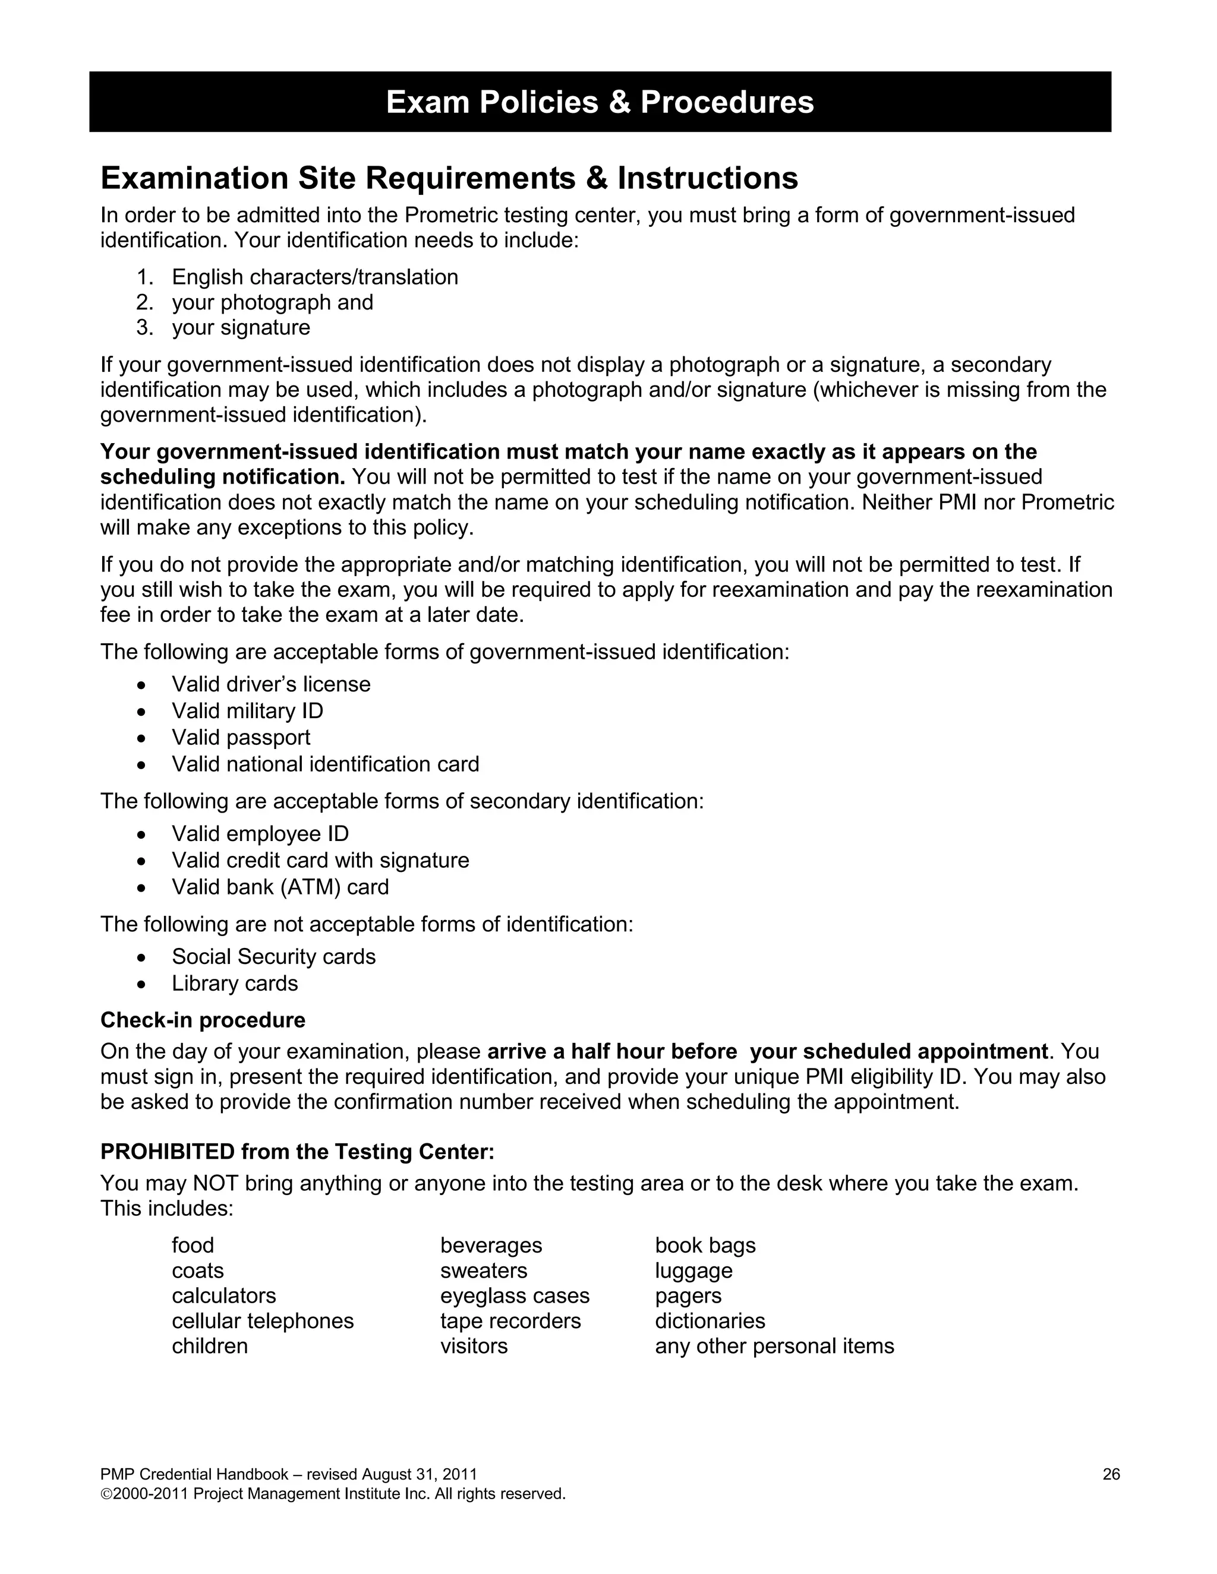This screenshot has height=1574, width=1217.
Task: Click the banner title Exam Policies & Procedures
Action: tap(600, 102)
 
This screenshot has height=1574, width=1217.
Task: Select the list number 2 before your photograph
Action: tap(144, 303)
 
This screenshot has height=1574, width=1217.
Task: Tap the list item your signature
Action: tap(241, 328)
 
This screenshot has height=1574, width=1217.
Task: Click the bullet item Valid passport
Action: tap(241, 738)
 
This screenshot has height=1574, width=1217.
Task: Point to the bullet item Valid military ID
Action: tap(247, 712)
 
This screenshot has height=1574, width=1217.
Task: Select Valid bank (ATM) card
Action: tap(280, 887)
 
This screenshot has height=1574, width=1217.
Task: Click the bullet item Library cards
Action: tap(234, 984)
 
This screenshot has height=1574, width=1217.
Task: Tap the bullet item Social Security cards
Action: tap(273, 957)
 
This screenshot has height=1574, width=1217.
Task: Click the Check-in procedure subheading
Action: tap(203, 1020)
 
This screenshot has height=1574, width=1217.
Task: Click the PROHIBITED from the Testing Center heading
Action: tap(297, 1152)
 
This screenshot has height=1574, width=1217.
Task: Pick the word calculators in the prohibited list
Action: tap(223, 1296)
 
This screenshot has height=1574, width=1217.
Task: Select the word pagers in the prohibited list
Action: tap(688, 1296)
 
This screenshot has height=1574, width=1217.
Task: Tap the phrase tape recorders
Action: tap(510, 1321)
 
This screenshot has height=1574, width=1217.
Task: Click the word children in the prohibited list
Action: tap(209, 1347)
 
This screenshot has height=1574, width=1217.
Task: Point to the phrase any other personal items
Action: tap(774, 1347)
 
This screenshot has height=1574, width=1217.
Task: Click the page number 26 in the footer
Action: tap(1111, 1475)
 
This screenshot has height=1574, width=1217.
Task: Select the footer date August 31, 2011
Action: tap(419, 1475)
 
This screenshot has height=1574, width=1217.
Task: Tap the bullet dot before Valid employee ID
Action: tap(142, 835)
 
